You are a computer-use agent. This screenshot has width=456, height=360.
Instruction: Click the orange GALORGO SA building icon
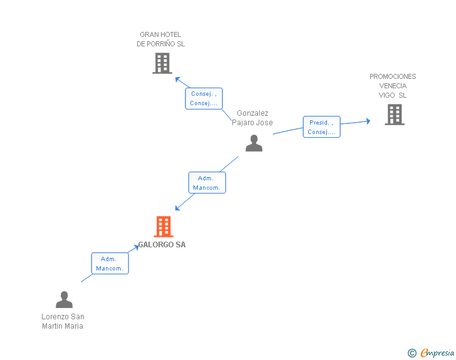pyautogui.click(x=163, y=226)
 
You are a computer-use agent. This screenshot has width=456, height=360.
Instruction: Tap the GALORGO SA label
pyautogui.click(x=162, y=245)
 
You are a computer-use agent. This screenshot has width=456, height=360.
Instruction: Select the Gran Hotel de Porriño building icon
pyautogui.click(x=162, y=63)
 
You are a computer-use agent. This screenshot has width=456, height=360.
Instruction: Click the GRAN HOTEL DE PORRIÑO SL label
pyautogui.click(x=161, y=39)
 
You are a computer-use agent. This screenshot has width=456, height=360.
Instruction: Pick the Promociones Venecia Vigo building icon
pyautogui.click(x=395, y=115)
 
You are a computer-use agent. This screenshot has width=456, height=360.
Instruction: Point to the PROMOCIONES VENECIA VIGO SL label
pyautogui.click(x=393, y=86)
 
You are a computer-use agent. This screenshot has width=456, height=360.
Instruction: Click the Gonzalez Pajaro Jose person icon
pyautogui.click(x=254, y=143)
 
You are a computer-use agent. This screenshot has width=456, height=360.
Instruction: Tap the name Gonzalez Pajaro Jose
pyautogui.click(x=252, y=118)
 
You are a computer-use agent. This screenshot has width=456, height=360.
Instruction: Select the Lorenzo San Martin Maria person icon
pyautogui.click(x=64, y=300)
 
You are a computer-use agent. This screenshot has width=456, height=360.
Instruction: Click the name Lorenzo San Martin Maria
pyautogui.click(x=63, y=321)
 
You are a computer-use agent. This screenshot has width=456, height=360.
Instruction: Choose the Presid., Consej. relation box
pyautogui.click(x=321, y=127)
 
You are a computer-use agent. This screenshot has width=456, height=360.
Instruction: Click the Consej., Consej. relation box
pyautogui.click(x=204, y=98)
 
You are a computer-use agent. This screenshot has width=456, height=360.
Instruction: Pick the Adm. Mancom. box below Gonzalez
pyautogui.click(x=207, y=183)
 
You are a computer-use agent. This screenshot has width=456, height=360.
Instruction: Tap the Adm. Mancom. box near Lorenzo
pyautogui.click(x=110, y=264)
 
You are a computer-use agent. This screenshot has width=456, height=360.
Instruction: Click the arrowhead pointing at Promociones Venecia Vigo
pyautogui.click(x=368, y=121)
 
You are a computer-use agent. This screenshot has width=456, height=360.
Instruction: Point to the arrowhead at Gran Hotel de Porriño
pyautogui.click(x=177, y=78)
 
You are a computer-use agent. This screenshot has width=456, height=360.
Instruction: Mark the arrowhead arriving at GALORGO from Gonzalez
pyautogui.click(x=177, y=208)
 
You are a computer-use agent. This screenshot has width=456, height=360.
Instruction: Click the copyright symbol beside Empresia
pyautogui.click(x=412, y=354)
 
